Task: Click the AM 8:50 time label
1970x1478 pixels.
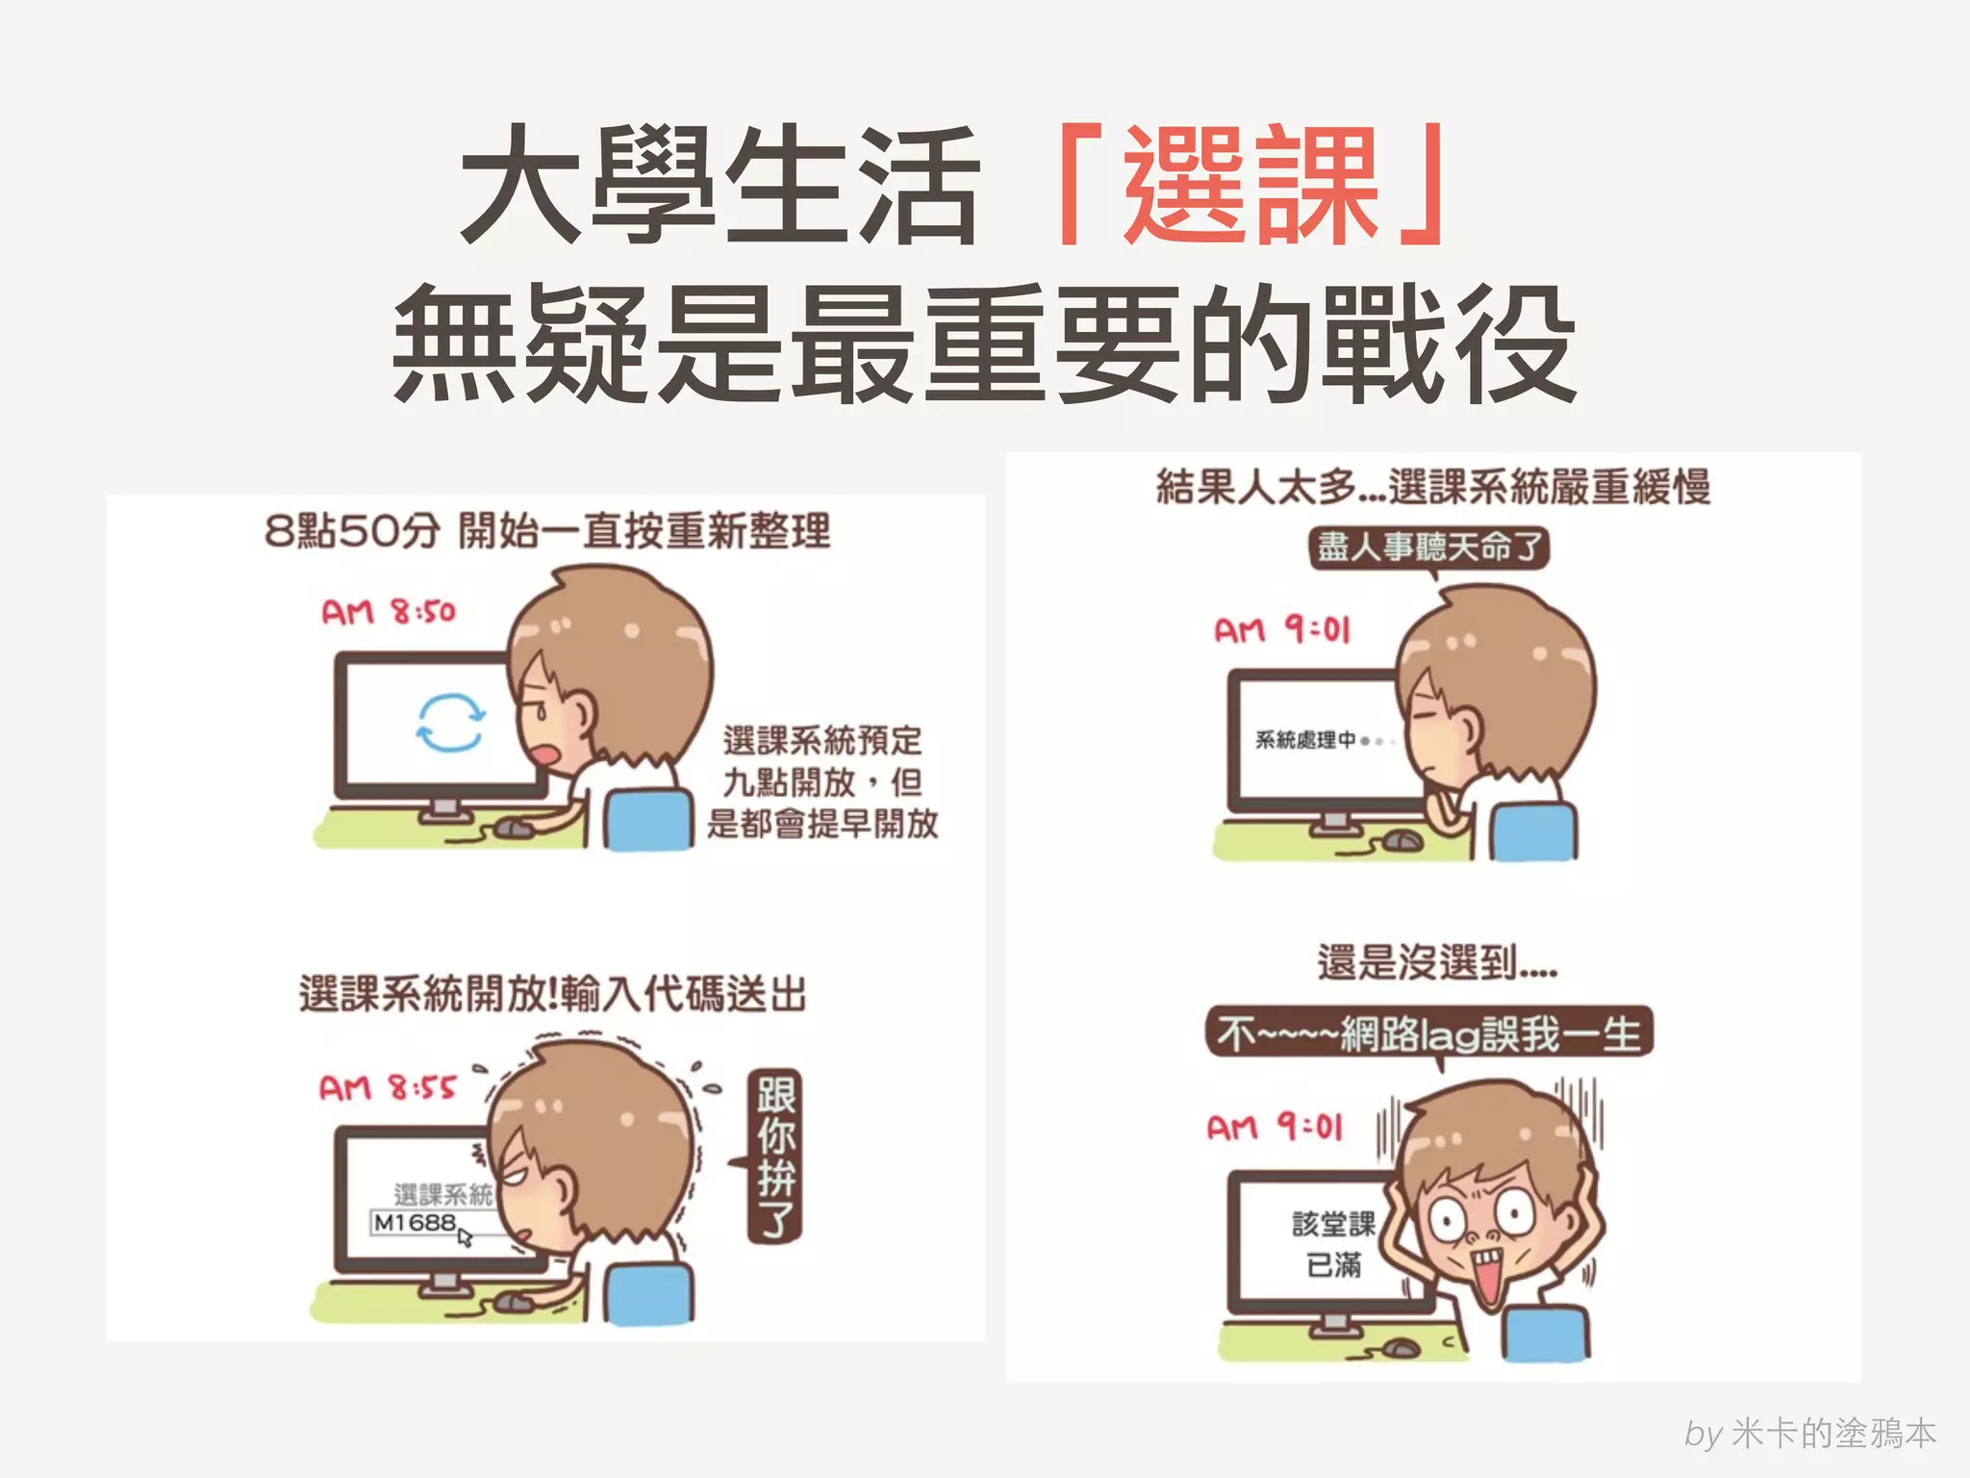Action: pos(388,612)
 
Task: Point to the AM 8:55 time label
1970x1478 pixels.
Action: pos(387,1088)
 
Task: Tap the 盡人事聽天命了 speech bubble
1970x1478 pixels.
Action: pos(1428,548)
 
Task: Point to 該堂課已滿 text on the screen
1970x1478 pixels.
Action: pos(1333,1244)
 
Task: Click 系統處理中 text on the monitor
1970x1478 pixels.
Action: pos(1305,740)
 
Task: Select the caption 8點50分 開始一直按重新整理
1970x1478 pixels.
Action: pos(546,530)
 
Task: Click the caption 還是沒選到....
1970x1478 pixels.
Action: pos(1436,962)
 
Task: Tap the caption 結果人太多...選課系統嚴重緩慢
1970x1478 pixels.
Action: pos(1433,487)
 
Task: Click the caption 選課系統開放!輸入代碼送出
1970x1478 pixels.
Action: pos(552,994)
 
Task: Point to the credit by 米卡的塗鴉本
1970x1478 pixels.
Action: pos(1809,1434)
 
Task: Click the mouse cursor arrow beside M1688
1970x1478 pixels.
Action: pos(466,1236)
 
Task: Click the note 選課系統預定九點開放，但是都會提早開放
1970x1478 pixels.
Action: pos(822,781)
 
